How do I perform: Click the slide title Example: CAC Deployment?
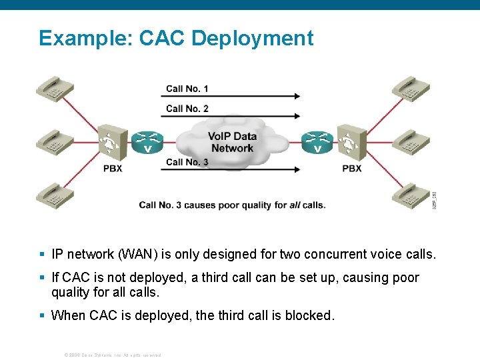(176, 38)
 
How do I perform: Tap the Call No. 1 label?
(187, 89)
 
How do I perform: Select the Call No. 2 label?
(187, 109)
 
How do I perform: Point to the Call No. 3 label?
(187, 162)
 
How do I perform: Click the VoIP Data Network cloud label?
(232, 142)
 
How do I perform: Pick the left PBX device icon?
(111, 142)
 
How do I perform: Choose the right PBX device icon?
(351, 142)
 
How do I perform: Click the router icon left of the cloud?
(147, 142)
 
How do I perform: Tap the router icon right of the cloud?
(317, 142)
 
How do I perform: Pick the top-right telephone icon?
(410, 89)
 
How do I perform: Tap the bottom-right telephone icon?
(410, 195)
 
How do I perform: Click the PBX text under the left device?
(113, 169)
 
